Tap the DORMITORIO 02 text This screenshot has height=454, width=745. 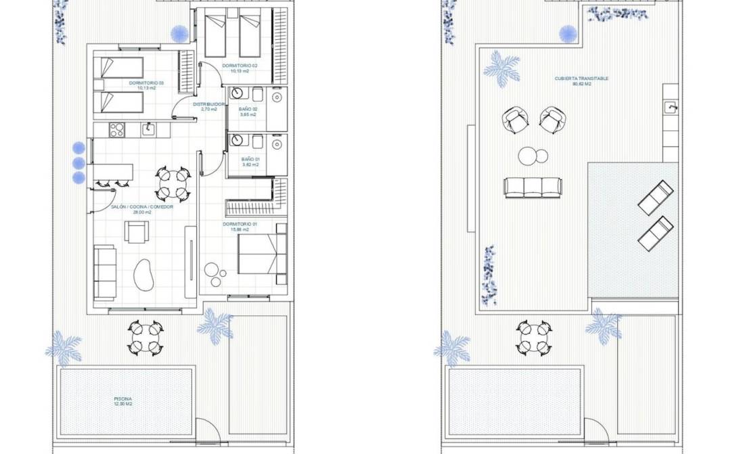point(240,67)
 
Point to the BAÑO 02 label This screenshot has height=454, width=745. point(248,111)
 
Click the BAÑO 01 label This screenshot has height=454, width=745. point(250,160)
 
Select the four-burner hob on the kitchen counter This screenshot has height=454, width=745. point(114,129)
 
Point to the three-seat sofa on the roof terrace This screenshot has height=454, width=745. point(533,187)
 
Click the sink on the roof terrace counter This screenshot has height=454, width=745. point(670,107)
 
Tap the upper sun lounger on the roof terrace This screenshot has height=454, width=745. point(655,198)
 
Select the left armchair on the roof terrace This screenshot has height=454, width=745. point(515,120)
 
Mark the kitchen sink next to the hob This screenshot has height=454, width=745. point(147,129)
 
